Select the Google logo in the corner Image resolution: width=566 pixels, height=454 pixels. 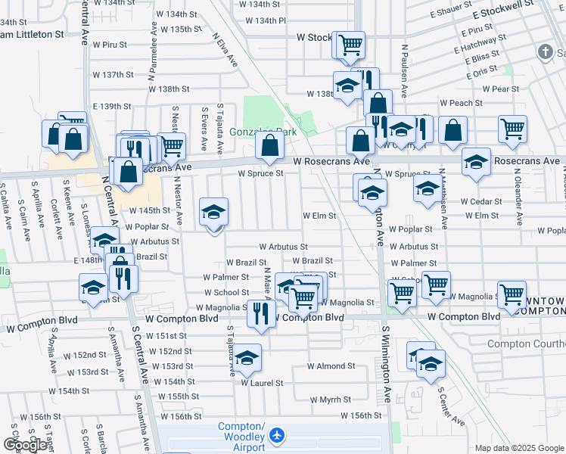[x=25, y=445]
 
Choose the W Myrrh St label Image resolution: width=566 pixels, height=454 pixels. [x=331, y=400]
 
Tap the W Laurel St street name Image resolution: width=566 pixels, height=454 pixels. [x=262, y=383]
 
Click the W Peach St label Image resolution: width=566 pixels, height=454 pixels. [x=462, y=103]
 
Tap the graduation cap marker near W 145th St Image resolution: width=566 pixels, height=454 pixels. [x=214, y=213]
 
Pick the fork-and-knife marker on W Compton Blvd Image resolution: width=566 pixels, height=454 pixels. [x=261, y=313]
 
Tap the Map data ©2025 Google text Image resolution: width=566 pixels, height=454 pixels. [x=519, y=448]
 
